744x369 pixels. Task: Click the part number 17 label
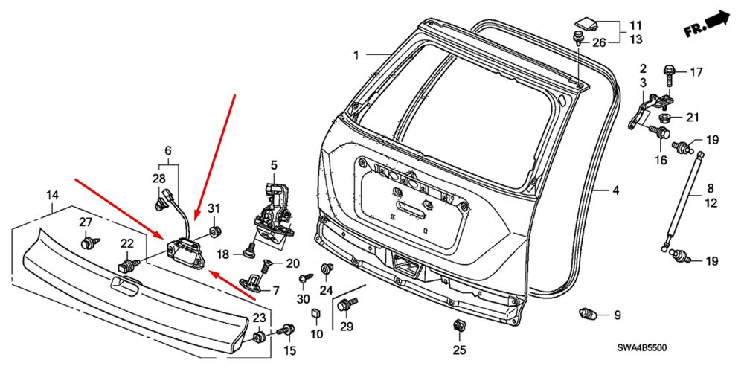point(696,72)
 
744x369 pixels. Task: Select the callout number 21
point(693,117)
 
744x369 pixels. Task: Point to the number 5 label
point(273,164)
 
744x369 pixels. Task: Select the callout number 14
point(52,196)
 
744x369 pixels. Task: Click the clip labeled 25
point(458,325)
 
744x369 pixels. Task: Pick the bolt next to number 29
point(347,304)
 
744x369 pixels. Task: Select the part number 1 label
point(356,55)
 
